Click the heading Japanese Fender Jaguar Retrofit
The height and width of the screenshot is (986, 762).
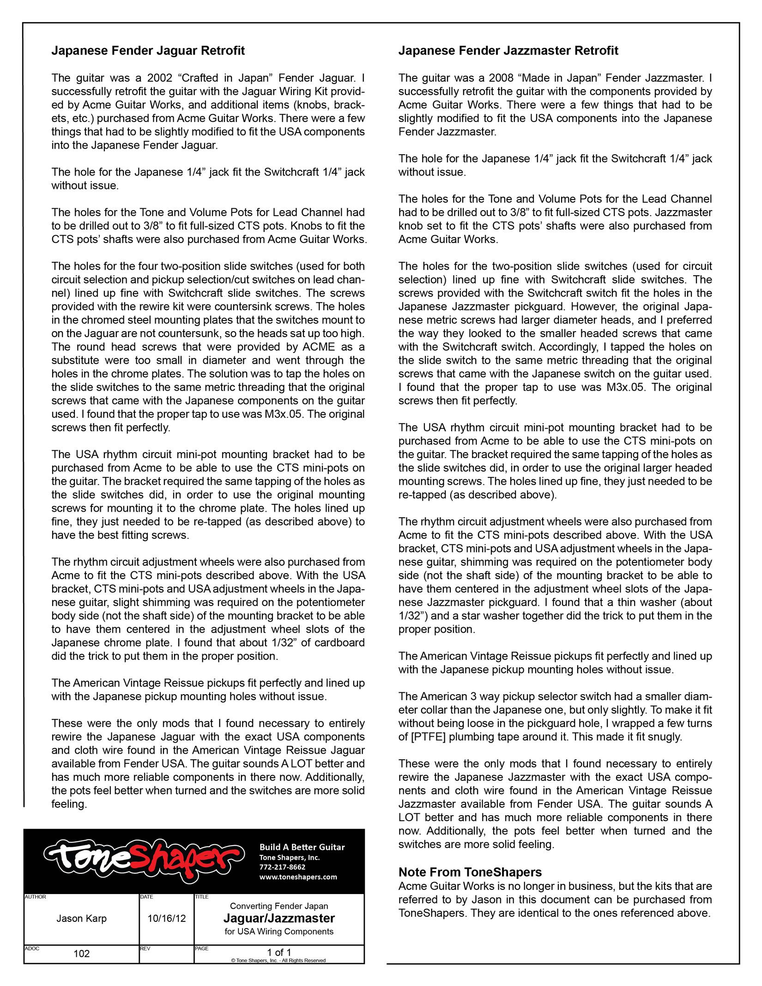coord(148,51)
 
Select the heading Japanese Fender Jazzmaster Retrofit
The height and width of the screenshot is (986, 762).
coord(508,51)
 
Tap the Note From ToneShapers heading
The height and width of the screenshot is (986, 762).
coord(470,872)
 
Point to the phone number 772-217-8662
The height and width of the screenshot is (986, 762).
coord(282,867)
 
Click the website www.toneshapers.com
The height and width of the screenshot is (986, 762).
coord(298,877)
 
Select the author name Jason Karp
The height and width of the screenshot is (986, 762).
coord(81,918)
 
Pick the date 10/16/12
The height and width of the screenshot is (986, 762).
coord(167,918)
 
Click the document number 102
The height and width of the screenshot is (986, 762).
coord(82,954)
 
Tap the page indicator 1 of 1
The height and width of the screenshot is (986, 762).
coord(279,952)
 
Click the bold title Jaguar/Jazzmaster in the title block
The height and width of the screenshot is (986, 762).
coord(279,918)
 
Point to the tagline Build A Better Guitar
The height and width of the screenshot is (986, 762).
coord(302,847)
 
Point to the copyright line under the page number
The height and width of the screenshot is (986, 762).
coord(278,960)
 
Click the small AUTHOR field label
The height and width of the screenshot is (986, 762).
coord(36,897)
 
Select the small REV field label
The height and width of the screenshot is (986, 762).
coord(145,948)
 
